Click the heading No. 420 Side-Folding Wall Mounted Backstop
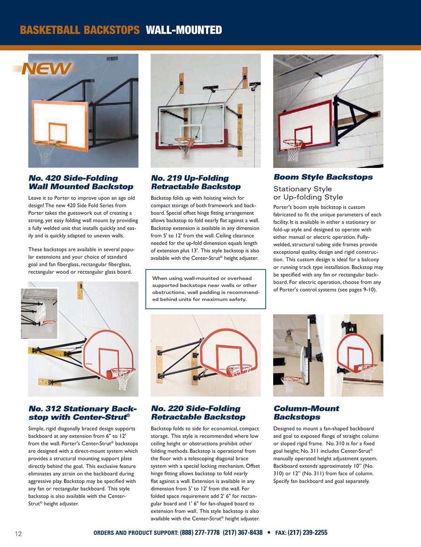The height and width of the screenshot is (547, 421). (x=80, y=182)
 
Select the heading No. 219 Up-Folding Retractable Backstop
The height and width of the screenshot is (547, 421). (x=196, y=182)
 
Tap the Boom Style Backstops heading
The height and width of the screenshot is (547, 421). (x=323, y=177)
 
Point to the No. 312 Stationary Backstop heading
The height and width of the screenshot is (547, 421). (x=82, y=413)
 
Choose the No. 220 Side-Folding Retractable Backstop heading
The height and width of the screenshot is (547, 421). (x=198, y=413)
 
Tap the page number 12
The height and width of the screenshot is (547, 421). (x=19, y=534)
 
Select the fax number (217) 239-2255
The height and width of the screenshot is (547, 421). (x=307, y=532)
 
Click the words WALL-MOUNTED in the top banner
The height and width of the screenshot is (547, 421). (x=184, y=30)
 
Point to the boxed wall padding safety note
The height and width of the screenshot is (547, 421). (x=206, y=289)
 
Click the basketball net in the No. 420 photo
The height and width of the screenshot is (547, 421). (x=45, y=153)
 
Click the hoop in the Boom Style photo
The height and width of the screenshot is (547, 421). (x=293, y=143)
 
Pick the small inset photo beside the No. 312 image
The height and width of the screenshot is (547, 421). (x=39, y=313)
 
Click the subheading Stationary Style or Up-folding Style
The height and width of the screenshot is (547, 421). (x=308, y=193)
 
